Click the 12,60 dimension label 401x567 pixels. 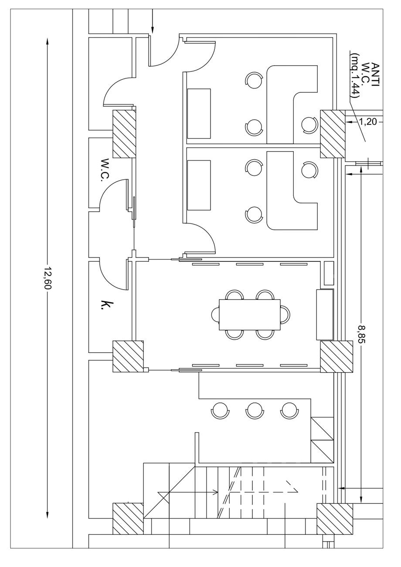(48, 277)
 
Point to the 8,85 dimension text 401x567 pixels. (361, 334)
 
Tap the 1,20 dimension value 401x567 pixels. (368, 122)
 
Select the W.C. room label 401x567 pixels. (105, 169)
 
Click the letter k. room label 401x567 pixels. (103, 304)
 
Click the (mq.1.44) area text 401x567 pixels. (356, 75)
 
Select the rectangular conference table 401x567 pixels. (249, 314)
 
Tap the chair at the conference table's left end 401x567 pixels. (216, 314)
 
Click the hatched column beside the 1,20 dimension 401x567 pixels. (333, 134)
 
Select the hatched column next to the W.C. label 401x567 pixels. (124, 134)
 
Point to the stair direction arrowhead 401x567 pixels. (215, 493)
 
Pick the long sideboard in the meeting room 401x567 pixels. (325, 314)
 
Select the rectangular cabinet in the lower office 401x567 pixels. (199, 185)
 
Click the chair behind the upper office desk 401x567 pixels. (309, 125)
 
